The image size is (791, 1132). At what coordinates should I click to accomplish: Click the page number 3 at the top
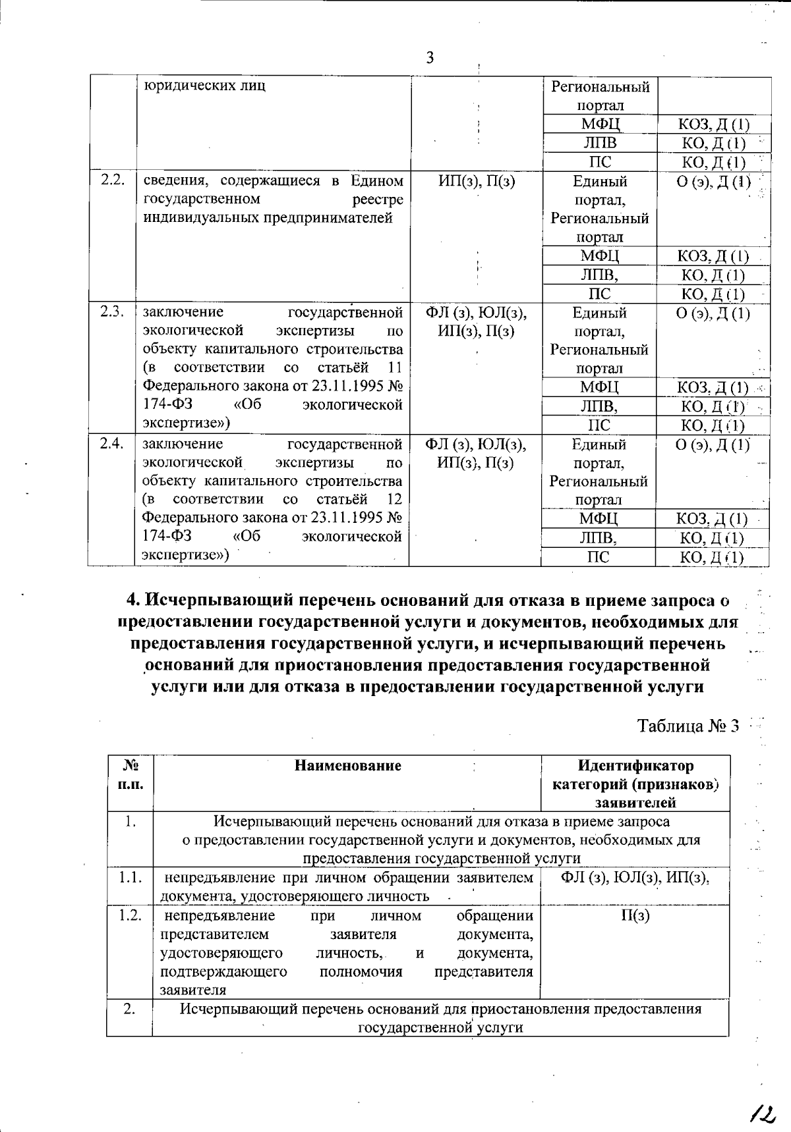coord(430,59)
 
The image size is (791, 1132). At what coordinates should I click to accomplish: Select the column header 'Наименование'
coord(347,765)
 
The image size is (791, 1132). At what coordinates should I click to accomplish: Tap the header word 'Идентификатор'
coord(635,766)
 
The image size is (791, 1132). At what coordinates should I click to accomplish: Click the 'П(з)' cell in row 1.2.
coord(635,916)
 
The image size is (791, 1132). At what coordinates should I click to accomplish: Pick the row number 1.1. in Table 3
coord(130,878)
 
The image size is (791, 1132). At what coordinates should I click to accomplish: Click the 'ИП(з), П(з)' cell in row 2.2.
coord(477,181)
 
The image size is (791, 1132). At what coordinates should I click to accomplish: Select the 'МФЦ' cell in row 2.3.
coord(599,387)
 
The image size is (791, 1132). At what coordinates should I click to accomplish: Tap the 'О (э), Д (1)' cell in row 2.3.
coord(713,313)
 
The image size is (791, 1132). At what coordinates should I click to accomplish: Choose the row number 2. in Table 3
coord(129,1010)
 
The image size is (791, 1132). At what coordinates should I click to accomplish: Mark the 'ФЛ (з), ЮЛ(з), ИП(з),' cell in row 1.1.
coord(635,878)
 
